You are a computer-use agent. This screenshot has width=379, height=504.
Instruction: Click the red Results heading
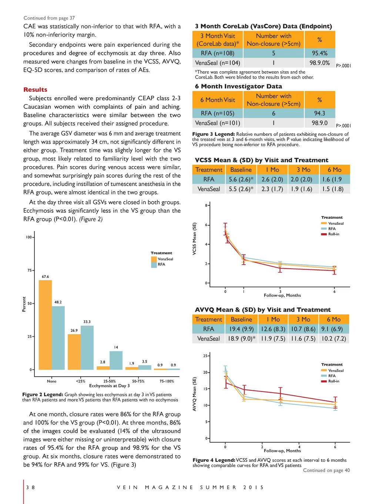35,90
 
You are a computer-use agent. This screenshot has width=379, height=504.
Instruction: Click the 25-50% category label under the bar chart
110,381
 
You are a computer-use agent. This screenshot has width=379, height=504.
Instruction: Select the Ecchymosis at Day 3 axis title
110,386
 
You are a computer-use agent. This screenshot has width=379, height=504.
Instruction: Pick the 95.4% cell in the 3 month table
319,53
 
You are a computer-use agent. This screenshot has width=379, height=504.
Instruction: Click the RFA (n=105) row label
217,113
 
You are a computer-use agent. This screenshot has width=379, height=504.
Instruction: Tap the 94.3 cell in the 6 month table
319,113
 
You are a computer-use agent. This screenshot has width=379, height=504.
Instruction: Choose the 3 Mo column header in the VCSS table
303,170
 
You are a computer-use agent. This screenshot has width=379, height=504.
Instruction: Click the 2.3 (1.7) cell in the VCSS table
272,189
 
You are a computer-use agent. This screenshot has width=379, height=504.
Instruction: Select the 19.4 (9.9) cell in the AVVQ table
241,329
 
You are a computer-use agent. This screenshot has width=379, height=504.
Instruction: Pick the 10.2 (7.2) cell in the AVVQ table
333,339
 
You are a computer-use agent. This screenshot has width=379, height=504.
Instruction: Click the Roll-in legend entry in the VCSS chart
333,234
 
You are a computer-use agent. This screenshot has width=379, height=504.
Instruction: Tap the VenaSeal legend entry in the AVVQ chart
335,370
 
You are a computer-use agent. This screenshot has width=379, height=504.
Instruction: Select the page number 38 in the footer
30,487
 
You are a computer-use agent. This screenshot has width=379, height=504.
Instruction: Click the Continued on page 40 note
326,470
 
